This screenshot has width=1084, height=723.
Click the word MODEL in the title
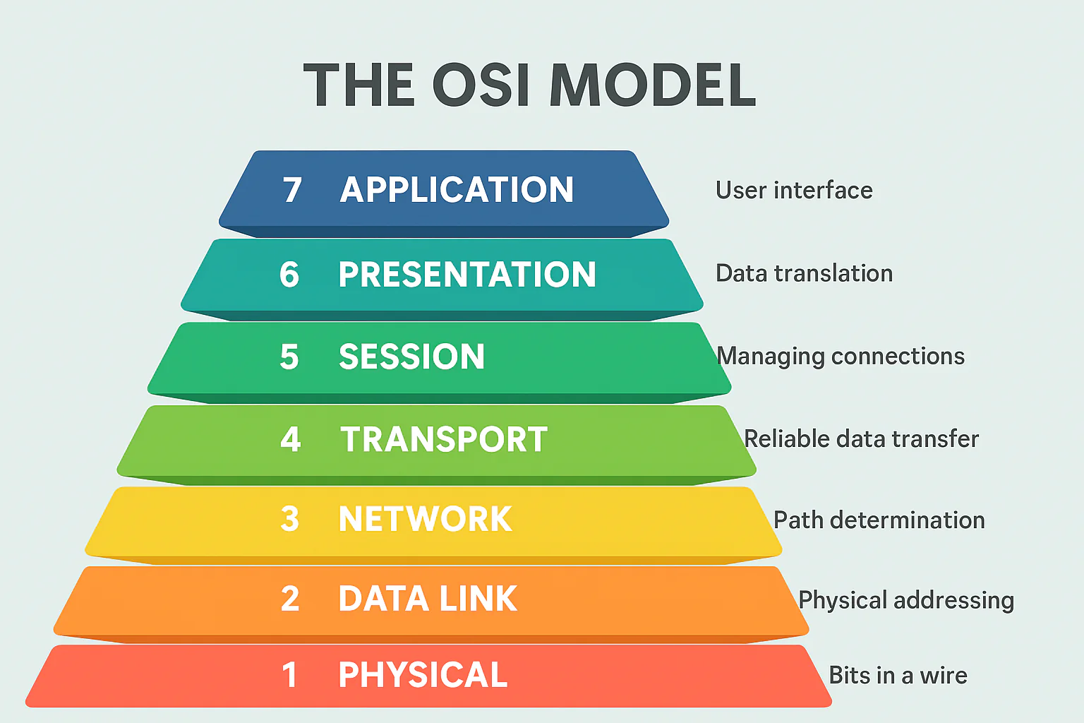point(652,85)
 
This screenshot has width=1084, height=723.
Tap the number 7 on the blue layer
point(292,190)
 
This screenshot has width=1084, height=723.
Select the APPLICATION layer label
point(457,190)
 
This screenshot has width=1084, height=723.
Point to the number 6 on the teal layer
point(289,275)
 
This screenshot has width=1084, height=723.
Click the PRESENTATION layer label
point(466,275)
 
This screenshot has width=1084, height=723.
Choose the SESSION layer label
point(411,357)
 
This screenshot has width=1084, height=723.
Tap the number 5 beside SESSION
point(289,357)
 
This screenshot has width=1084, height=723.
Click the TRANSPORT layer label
point(444,439)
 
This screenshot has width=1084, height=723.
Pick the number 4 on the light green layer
point(290,439)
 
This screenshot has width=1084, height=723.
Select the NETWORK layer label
point(425,520)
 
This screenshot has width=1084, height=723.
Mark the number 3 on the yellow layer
point(289,520)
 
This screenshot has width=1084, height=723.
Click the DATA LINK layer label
point(428,599)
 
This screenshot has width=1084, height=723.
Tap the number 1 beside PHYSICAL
point(289,675)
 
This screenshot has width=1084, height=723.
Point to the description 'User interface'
point(794,191)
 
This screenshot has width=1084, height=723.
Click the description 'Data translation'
point(804,273)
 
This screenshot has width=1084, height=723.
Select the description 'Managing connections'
point(841,357)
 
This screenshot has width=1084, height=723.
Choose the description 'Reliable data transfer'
point(861,439)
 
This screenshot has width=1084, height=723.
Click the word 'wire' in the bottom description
point(944,676)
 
